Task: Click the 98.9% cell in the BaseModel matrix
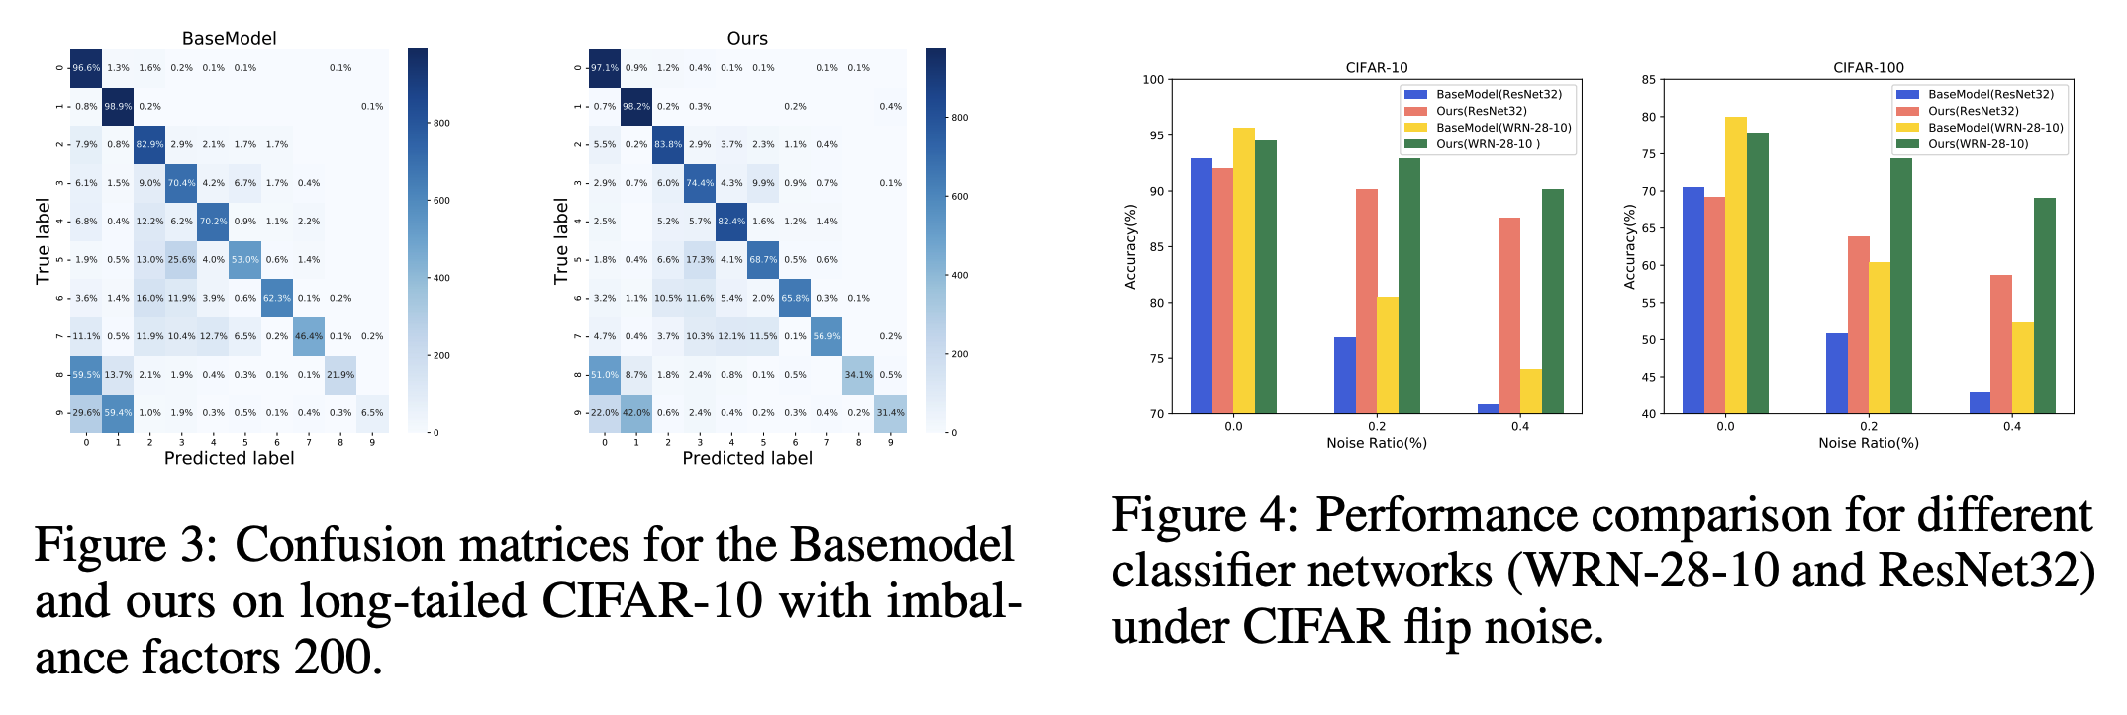click(x=118, y=106)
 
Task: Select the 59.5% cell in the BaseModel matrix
click(x=86, y=375)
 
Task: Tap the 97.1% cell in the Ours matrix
click(x=604, y=68)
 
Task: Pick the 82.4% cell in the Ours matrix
click(x=731, y=222)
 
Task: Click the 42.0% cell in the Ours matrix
click(x=636, y=413)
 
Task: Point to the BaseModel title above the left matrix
click(x=229, y=38)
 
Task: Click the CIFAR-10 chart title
click(x=1376, y=67)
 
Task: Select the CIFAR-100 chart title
click(x=1868, y=67)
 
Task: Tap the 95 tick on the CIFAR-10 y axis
click(x=1154, y=135)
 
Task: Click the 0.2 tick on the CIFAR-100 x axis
click(x=1869, y=426)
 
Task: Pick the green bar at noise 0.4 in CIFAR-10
click(x=1553, y=301)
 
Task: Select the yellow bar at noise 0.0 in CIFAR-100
click(x=1736, y=265)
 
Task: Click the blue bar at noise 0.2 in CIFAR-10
click(x=1345, y=375)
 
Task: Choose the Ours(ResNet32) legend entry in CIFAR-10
click(x=1481, y=111)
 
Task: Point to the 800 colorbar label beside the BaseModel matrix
click(x=441, y=123)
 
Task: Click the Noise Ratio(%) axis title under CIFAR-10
click(x=1377, y=443)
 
